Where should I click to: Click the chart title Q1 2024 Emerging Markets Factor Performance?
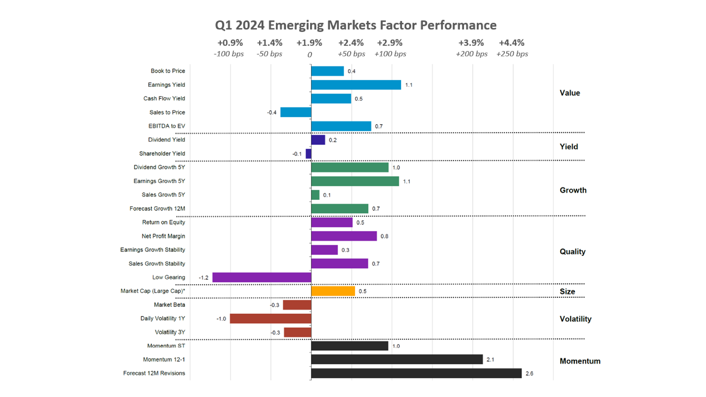tap(356, 25)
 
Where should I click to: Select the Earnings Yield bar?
tap(356, 85)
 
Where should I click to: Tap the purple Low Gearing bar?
tap(262, 278)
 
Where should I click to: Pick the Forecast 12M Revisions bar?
tap(416, 373)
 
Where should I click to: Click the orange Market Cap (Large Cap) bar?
tap(333, 291)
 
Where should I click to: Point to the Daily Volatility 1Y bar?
tap(271, 319)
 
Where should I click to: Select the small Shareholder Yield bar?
tap(309, 154)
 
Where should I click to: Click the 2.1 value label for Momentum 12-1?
tap(490, 360)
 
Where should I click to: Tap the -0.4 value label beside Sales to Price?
tap(272, 112)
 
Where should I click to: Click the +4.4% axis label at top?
tap(511, 43)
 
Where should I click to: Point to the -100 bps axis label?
tap(229, 54)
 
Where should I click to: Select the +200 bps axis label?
tap(471, 54)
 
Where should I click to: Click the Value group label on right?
tap(570, 93)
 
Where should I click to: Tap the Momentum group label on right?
tap(580, 361)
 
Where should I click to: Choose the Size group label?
tap(567, 292)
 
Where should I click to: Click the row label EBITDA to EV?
tap(167, 126)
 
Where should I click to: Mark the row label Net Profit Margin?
tap(163, 236)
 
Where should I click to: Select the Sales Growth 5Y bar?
tap(315, 195)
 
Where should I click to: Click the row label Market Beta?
tap(169, 305)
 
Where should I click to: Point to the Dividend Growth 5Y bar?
tap(350, 168)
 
